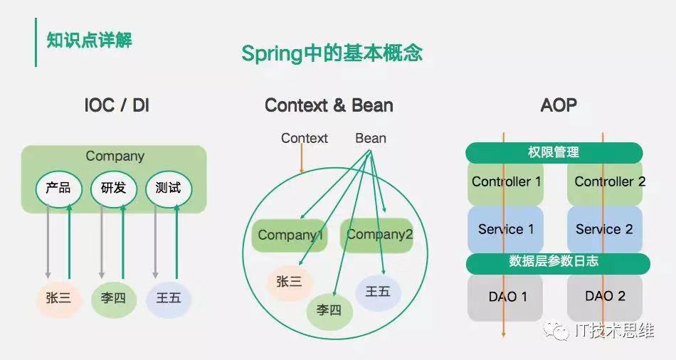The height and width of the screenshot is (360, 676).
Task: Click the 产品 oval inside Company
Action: [x=58, y=189]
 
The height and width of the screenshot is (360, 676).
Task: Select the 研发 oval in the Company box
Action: [x=113, y=189]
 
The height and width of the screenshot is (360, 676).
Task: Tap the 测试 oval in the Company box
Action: [x=168, y=189]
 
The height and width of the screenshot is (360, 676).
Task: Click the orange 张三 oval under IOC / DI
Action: [x=58, y=298]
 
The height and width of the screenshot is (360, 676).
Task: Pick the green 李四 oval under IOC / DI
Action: [x=113, y=298]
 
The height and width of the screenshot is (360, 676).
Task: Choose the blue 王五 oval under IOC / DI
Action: [x=168, y=298]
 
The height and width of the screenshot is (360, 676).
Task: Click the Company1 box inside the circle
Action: [x=290, y=235]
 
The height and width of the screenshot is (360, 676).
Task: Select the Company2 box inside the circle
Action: [x=379, y=235]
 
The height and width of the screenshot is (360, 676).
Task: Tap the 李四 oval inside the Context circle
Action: [x=329, y=310]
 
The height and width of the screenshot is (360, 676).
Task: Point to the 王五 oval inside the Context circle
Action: [x=377, y=292]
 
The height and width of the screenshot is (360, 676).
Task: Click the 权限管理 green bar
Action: [x=554, y=152]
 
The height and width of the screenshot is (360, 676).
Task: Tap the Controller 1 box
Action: [x=506, y=182]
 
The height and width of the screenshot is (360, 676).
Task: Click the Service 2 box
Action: [x=604, y=229]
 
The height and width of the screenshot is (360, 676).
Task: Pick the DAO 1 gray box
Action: [x=506, y=296]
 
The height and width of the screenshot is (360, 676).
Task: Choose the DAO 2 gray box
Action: [x=604, y=296]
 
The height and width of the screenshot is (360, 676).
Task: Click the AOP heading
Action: [x=558, y=105]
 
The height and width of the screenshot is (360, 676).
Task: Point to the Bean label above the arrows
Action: [x=371, y=138]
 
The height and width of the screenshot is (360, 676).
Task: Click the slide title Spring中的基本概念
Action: [x=332, y=53]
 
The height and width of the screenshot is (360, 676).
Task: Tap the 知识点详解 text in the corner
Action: [x=89, y=40]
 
